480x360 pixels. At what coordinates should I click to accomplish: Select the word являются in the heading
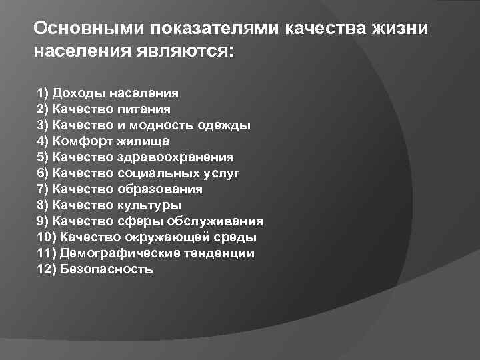coord(179,51)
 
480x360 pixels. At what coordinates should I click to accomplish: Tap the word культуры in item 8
coord(149,205)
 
